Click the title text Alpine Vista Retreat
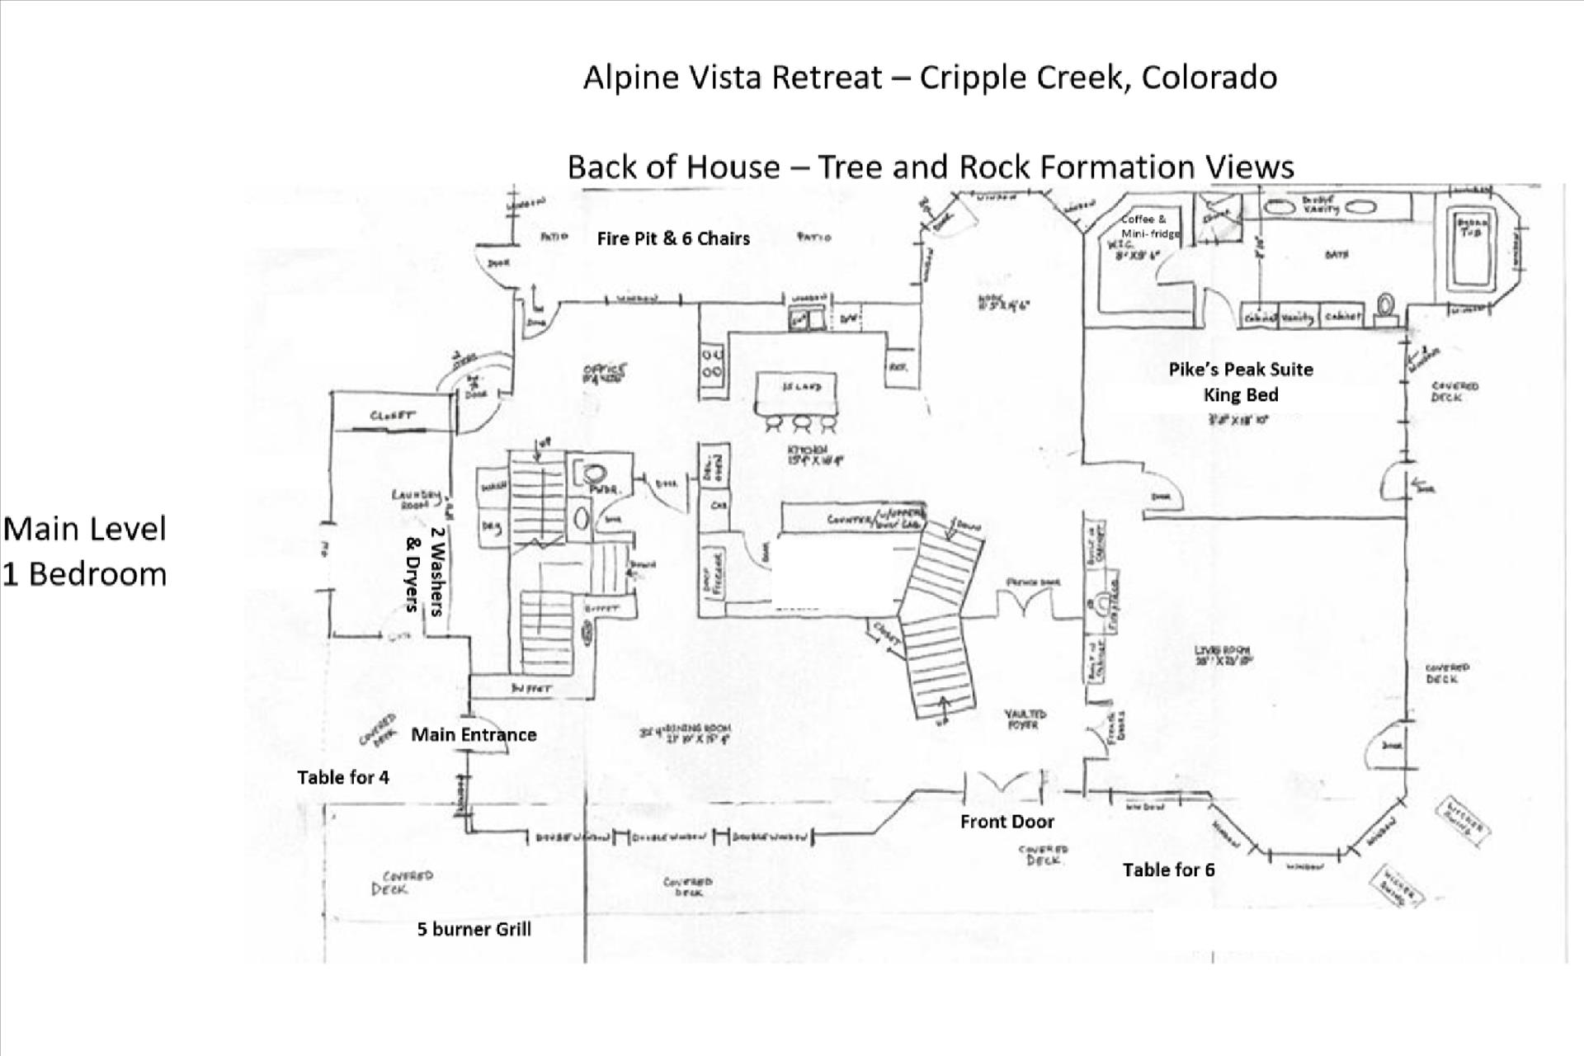click(733, 78)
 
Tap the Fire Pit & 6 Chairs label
click(673, 238)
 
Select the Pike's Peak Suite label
click(1240, 370)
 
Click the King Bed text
click(1240, 395)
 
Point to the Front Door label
click(1006, 822)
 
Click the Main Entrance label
click(474, 735)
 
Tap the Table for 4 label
click(343, 777)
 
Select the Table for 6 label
click(1168, 870)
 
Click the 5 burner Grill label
click(474, 930)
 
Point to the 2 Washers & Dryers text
click(426, 572)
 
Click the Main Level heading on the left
click(85, 529)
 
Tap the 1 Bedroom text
click(85, 574)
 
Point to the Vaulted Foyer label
click(1025, 719)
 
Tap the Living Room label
click(1223, 655)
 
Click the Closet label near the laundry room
click(393, 416)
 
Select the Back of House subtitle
click(930, 167)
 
